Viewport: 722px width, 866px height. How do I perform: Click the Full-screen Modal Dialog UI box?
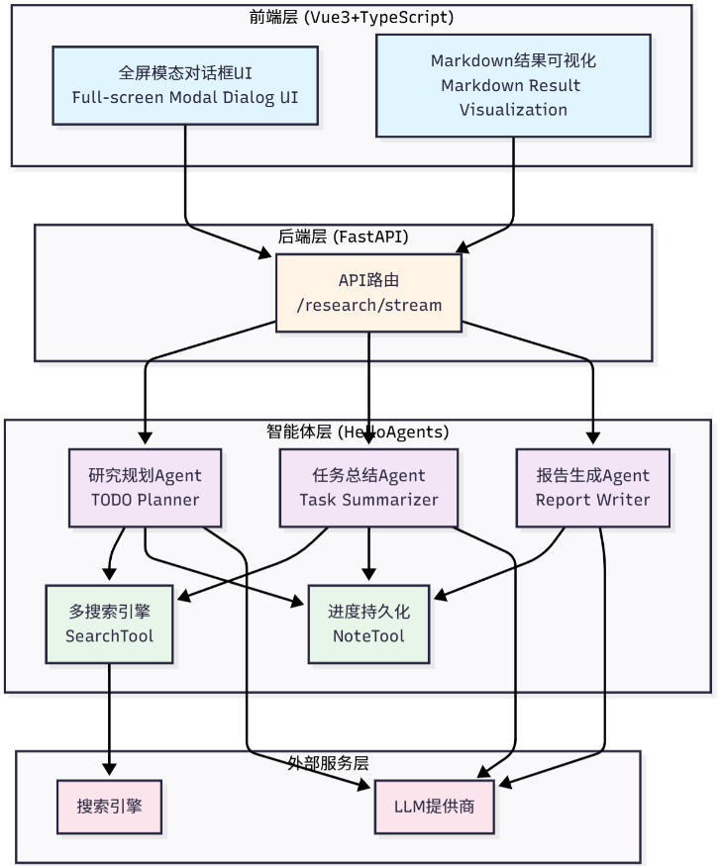click(185, 85)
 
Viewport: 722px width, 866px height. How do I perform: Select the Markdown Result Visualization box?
click(513, 85)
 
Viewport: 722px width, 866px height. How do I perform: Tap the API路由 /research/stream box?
click(368, 293)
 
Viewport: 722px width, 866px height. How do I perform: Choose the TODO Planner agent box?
click(145, 488)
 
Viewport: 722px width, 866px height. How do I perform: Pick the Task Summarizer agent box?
click(368, 488)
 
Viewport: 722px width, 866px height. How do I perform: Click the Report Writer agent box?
click(592, 488)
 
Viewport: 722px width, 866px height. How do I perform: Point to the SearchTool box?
click(110, 625)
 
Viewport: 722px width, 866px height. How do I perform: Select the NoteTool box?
click(368, 625)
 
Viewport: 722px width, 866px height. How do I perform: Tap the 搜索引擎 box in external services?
click(110, 807)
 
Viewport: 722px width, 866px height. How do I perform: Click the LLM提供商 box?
click(434, 807)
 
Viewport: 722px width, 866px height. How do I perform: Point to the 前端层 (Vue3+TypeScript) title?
click(351, 17)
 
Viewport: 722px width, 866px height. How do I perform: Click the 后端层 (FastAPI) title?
click(343, 237)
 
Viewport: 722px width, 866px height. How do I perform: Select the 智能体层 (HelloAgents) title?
click(358, 432)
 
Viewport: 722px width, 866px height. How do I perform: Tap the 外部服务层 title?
click(328, 763)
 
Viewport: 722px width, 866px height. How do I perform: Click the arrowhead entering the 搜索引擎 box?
click(110, 769)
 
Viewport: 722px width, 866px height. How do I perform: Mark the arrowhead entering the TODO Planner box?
click(145, 437)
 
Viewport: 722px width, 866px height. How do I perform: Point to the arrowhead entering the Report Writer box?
click(592, 437)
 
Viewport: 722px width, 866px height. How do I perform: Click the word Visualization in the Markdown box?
click(513, 110)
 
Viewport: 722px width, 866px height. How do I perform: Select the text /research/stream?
click(368, 305)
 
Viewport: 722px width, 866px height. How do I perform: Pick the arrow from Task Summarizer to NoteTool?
click(368, 553)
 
